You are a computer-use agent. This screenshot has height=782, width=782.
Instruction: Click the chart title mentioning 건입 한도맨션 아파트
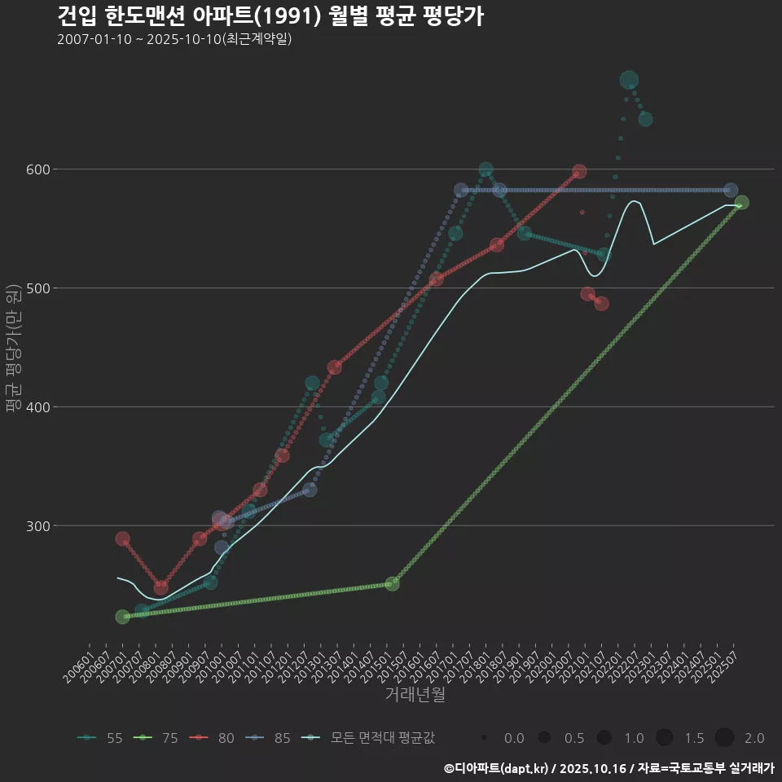coord(270,15)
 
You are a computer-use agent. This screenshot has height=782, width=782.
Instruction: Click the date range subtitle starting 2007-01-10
coord(174,39)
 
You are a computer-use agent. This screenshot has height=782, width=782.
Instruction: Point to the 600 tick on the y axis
coord(39,169)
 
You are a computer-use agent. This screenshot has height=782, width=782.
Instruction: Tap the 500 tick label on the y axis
coord(39,288)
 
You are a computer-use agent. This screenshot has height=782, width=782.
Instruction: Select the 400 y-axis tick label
coord(39,407)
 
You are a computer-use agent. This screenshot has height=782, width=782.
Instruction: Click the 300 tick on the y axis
coord(39,526)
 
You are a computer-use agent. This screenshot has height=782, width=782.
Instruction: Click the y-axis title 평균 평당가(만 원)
coord(12,350)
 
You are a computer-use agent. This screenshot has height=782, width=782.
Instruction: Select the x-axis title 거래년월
coord(415,695)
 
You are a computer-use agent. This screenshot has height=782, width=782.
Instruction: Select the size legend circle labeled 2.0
coord(725,738)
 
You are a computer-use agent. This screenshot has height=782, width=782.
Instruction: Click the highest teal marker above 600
coord(629,80)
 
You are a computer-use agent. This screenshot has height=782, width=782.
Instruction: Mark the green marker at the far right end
coord(741,203)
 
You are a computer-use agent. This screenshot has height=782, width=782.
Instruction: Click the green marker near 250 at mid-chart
coord(392,584)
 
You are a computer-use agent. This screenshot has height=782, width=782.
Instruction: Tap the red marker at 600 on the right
coord(579,172)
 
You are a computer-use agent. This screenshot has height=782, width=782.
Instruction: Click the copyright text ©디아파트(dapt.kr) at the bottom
coord(498,768)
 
